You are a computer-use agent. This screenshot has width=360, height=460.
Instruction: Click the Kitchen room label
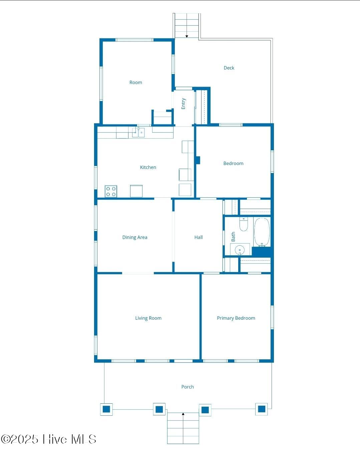click(x=148, y=167)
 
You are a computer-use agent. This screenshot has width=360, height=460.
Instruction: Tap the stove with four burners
click(x=111, y=191)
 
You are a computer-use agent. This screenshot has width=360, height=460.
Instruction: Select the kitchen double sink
click(x=138, y=133)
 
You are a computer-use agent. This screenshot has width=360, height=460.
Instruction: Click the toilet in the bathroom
click(x=244, y=224)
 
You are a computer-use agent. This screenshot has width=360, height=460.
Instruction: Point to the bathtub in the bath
click(x=262, y=232)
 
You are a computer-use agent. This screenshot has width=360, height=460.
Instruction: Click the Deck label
click(x=229, y=68)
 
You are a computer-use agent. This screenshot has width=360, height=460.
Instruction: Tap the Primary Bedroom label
click(x=236, y=318)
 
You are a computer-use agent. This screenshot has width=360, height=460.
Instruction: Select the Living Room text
click(x=148, y=318)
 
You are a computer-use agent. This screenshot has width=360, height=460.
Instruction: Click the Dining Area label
click(x=134, y=237)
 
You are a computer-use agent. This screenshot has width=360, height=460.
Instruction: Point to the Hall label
click(x=198, y=237)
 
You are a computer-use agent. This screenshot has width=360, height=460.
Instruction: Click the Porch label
click(x=187, y=387)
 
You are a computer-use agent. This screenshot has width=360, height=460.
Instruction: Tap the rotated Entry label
click(x=183, y=104)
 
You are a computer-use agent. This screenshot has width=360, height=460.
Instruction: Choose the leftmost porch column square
click(x=106, y=409)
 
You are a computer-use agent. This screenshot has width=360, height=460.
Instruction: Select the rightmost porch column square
click(x=261, y=409)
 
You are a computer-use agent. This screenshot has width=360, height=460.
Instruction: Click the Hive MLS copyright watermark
click(x=48, y=439)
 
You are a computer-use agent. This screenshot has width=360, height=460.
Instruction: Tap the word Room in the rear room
click(x=135, y=82)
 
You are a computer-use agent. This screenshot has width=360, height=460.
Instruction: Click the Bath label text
click(x=233, y=237)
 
